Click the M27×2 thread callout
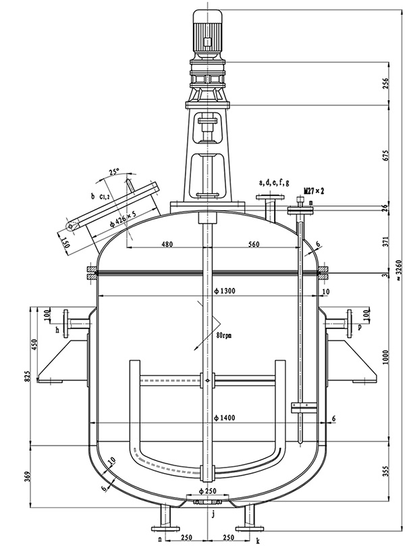[314, 191]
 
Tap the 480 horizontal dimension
[166, 244]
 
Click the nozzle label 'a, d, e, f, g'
[275, 182]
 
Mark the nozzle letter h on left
[57, 330]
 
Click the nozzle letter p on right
[360, 327]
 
